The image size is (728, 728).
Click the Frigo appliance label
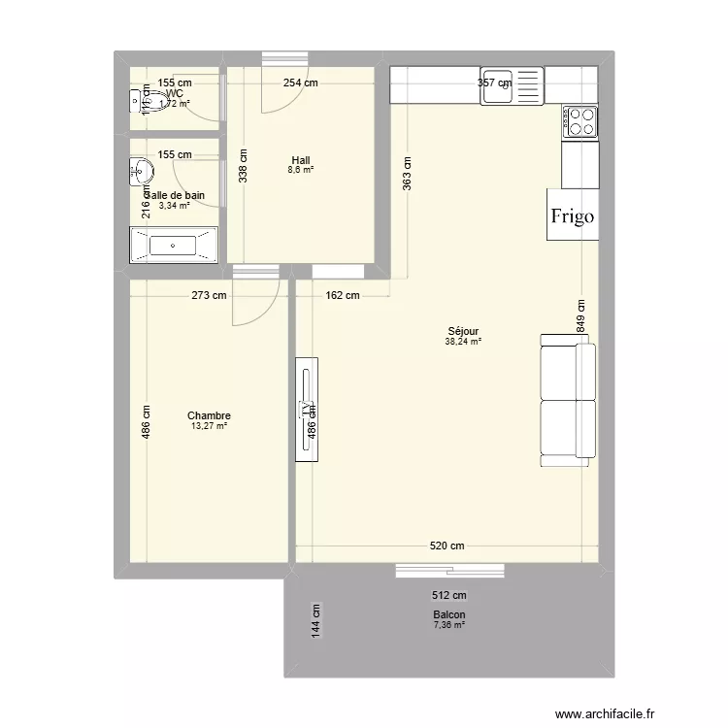572,216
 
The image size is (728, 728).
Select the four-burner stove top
581,121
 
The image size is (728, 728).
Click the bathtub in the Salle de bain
174,246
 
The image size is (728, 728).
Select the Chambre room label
209,415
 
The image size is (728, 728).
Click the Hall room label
300,160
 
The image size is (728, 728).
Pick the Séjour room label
463,331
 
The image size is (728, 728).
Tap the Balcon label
448,615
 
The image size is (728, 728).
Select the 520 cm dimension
447,546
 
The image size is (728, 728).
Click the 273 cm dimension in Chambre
209,295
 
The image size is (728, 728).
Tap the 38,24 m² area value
463,342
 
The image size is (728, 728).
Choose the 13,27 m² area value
209,426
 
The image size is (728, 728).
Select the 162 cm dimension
342,295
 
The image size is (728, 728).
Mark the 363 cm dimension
408,177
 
